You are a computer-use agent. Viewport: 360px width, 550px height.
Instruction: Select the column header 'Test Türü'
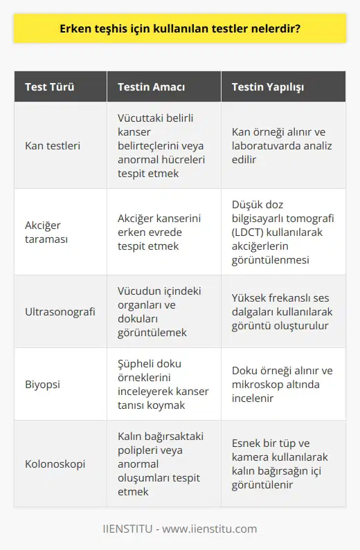[x=49, y=88]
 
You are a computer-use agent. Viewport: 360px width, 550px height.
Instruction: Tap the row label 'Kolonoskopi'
[x=55, y=463]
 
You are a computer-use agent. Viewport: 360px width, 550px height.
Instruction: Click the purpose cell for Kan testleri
[x=161, y=145]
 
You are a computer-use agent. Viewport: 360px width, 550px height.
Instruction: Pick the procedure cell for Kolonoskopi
[x=280, y=463]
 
